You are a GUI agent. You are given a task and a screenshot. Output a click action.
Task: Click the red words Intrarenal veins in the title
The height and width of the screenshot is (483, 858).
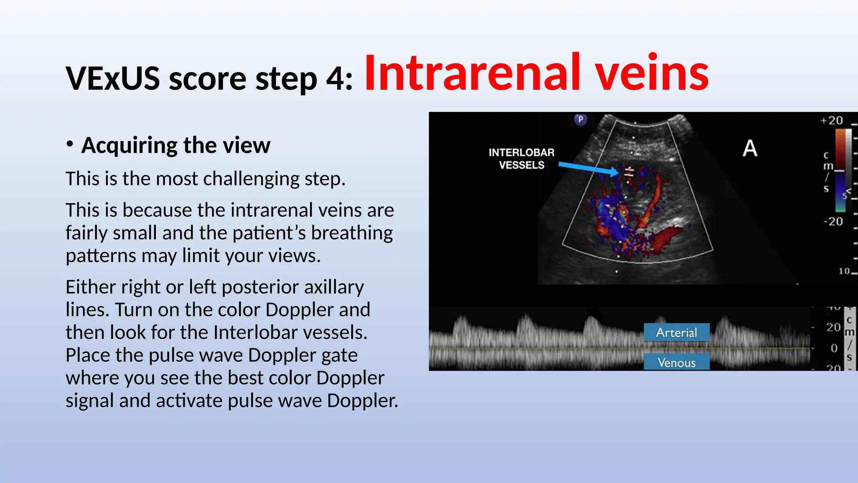point(536,73)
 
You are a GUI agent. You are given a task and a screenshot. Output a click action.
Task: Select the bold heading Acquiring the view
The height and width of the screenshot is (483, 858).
point(176,145)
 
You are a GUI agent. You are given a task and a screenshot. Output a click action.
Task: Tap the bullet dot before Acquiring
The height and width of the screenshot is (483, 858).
point(70,144)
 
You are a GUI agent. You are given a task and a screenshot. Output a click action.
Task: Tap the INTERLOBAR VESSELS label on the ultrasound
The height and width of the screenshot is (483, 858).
point(521,159)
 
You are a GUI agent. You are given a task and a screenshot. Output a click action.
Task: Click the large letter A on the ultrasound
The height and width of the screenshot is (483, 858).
point(749,148)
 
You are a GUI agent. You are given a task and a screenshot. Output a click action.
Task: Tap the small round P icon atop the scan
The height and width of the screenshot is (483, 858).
point(580,119)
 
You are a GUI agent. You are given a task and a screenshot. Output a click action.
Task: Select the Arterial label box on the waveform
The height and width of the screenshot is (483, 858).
point(676,332)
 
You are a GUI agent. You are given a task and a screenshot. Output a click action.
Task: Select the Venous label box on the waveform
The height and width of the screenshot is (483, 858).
point(676,362)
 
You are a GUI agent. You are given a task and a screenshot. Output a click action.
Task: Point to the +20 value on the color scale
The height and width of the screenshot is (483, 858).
point(832,121)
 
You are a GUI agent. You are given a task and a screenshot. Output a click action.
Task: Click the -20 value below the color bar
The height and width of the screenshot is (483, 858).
point(833,221)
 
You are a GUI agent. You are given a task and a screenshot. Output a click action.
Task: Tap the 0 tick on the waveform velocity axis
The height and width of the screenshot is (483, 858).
point(834,348)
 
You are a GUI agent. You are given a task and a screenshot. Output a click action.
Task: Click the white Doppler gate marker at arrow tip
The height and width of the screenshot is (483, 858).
point(629,172)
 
